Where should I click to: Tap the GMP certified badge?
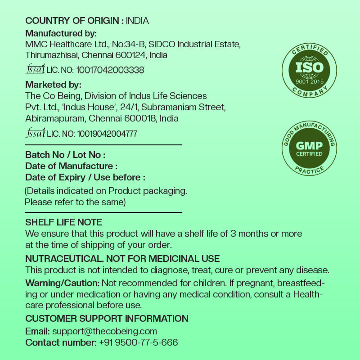[x=309, y=148]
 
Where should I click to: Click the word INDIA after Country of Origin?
[x=137, y=21]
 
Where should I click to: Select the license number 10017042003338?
[x=110, y=70]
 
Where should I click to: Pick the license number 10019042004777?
[x=107, y=134]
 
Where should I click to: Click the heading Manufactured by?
[x=61, y=33]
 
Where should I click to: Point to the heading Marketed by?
[x=53, y=85]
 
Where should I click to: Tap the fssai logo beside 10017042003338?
[x=35, y=70]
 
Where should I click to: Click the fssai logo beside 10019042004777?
[x=35, y=133]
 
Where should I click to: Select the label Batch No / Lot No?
[x=65, y=155]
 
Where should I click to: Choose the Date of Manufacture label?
[x=71, y=166]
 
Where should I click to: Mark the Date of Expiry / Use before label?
[x=85, y=177]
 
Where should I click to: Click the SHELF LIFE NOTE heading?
[x=63, y=222]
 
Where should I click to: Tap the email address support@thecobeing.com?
[x=104, y=331]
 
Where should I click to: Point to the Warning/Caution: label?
[x=62, y=283]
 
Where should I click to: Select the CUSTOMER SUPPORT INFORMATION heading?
[x=107, y=319]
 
